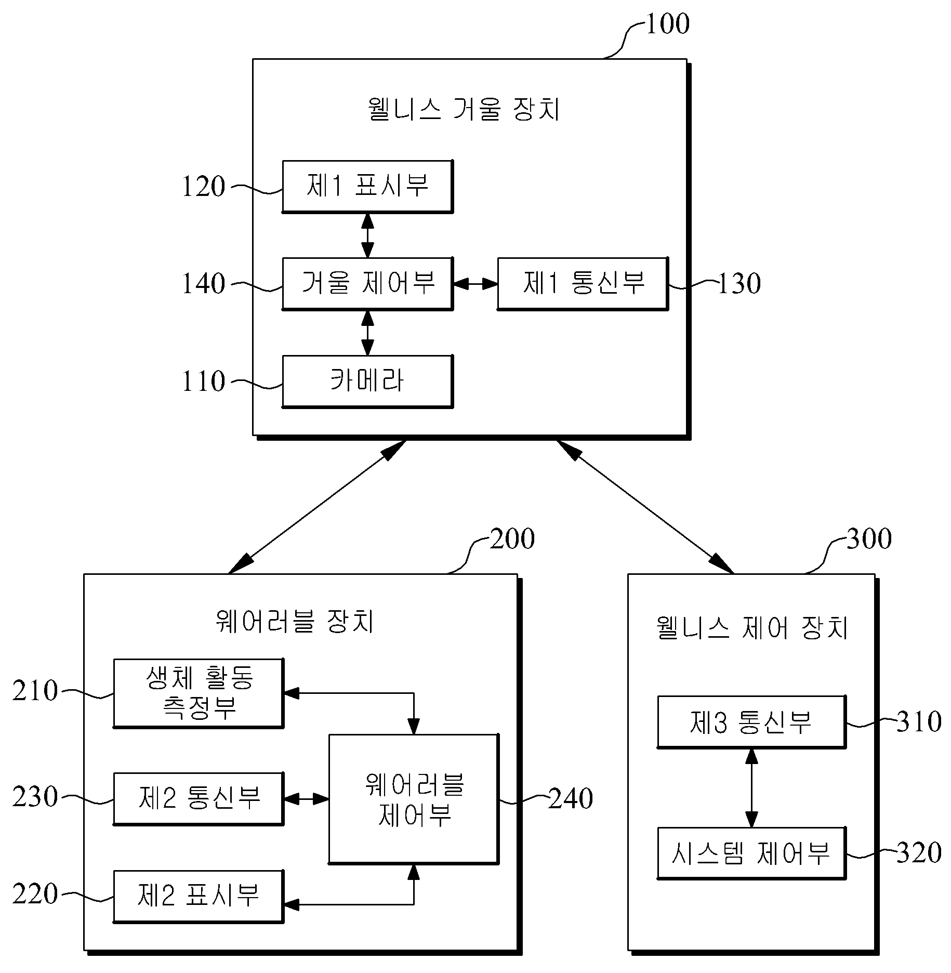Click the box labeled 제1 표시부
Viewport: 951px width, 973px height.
[367, 187]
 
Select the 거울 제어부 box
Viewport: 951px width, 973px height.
[367, 284]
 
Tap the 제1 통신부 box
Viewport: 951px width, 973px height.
[583, 284]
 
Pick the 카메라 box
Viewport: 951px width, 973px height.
[367, 382]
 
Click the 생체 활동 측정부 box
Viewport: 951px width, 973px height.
[199, 693]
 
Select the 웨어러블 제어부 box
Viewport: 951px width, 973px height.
[414, 799]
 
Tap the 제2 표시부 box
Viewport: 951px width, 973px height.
[199, 897]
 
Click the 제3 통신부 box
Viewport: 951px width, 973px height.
[751, 722]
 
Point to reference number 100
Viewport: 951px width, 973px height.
[668, 24]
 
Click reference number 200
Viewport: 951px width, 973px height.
[512, 539]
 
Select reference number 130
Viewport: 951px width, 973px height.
[739, 284]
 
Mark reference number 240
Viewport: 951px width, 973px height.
[571, 799]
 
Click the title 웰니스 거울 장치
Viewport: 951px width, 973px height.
[464, 110]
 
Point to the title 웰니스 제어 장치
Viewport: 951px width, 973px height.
[752, 627]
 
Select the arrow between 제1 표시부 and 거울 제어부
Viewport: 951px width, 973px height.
[367, 235]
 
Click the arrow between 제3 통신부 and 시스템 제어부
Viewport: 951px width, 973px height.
[751, 788]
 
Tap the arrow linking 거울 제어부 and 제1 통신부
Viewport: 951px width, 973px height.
[475, 284]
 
